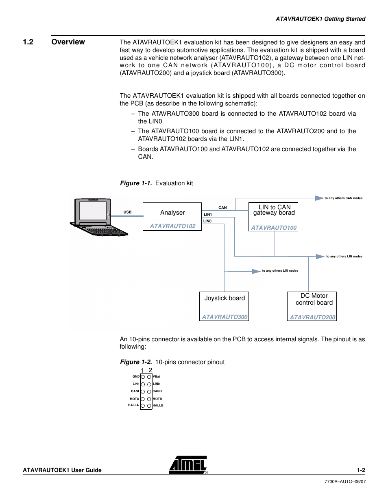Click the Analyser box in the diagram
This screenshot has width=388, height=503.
172,216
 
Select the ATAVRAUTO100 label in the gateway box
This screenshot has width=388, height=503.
274,228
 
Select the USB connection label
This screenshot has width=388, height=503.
127,212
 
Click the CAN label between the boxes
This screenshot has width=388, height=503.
222,208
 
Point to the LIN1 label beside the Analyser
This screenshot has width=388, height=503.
208,215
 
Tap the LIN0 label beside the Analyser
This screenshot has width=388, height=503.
207,221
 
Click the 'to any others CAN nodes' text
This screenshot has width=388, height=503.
343,198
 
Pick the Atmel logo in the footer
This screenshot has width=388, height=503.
188,465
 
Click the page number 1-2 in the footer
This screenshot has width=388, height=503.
361,470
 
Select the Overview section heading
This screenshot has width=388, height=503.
68,42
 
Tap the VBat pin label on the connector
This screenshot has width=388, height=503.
157,377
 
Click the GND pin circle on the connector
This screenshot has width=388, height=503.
143,377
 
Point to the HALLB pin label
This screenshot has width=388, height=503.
158,406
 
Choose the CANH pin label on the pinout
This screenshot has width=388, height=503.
157,391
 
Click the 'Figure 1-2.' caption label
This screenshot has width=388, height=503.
136,362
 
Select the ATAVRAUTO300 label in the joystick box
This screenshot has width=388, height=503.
225,317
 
